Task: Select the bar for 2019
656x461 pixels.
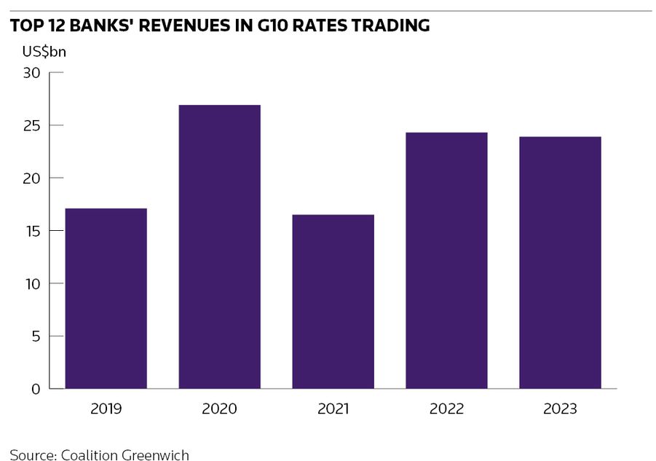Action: (x=106, y=299)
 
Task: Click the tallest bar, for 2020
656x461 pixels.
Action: (x=219, y=247)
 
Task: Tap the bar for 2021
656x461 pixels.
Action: (x=333, y=302)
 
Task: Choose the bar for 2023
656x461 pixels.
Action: (x=560, y=263)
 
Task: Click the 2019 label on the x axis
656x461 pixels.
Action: (x=106, y=409)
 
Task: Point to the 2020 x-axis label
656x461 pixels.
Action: (x=219, y=409)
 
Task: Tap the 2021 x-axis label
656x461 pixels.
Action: (x=333, y=409)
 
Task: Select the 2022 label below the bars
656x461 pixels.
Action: (x=446, y=409)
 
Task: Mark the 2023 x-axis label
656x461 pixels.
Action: (x=560, y=409)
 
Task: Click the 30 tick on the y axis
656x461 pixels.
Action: (x=32, y=73)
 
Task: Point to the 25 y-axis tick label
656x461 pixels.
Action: (x=32, y=125)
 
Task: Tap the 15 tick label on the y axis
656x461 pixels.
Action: (x=33, y=231)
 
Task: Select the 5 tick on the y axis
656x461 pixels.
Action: (x=36, y=336)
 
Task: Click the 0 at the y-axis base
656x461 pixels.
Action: (x=36, y=389)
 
